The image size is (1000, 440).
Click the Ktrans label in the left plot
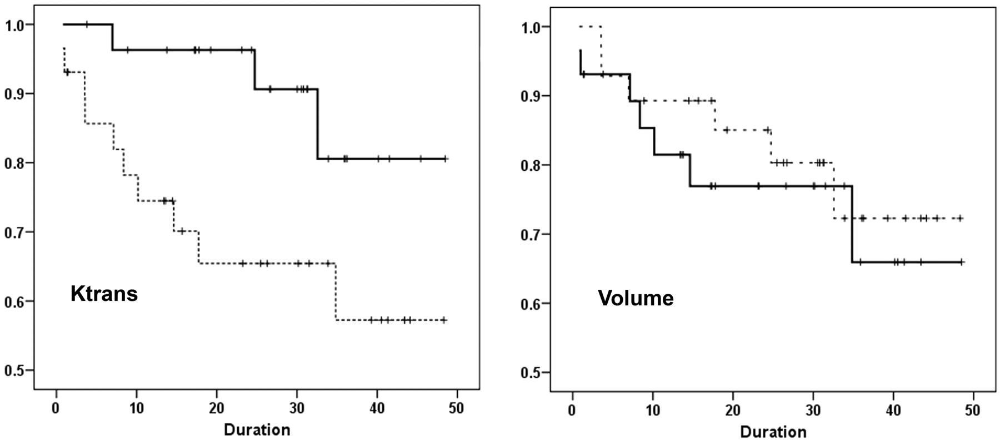pos(104,293)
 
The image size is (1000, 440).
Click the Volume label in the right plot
pos(636,298)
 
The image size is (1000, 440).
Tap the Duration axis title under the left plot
pos(257,429)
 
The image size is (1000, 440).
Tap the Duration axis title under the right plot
pos(773,432)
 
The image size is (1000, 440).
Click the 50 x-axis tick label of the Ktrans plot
pos(456,408)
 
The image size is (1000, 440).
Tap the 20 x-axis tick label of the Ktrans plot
pos(216,408)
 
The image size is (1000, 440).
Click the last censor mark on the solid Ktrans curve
pos(446,159)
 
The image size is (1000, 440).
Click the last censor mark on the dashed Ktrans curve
pos(444,320)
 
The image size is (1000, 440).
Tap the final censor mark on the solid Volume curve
pos(962,261)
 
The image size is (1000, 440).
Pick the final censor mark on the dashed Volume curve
pos(961,218)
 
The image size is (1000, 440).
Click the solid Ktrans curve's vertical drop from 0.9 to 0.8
pos(318,124)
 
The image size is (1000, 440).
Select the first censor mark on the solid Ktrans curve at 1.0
pos(87,24)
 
